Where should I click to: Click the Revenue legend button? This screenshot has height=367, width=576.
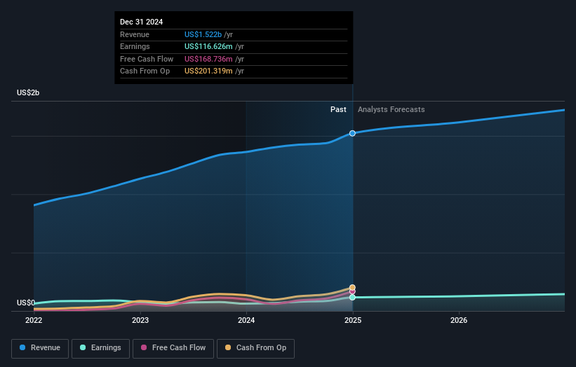click(40, 348)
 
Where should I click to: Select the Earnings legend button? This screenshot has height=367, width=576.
click(100, 348)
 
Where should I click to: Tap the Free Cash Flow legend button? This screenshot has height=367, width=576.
click(173, 348)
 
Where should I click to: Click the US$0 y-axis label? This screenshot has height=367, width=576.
click(26, 303)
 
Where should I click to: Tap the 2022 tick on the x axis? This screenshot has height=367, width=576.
click(34, 320)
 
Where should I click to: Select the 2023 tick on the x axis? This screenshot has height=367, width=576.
click(140, 320)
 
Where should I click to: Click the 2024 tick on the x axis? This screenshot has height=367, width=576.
click(246, 320)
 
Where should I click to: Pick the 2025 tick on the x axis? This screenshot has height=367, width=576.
click(352, 320)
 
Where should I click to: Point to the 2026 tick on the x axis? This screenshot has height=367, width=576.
click(459, 320)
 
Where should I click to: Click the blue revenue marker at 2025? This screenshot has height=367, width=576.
click(352, 133)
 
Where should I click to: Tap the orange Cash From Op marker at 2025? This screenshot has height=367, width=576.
click(352, 287)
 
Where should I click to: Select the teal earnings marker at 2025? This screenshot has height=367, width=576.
click(352, 298)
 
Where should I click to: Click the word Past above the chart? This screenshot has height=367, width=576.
click(338, 109)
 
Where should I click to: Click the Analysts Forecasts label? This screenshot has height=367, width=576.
click(391, 109)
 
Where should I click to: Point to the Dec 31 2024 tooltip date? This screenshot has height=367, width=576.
click(141, 22)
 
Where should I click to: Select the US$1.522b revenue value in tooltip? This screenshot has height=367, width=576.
click(203, 34)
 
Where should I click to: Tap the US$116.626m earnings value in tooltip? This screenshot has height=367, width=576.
click(208, 46)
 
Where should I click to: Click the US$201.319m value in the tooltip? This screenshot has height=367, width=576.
click(208, 71)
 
